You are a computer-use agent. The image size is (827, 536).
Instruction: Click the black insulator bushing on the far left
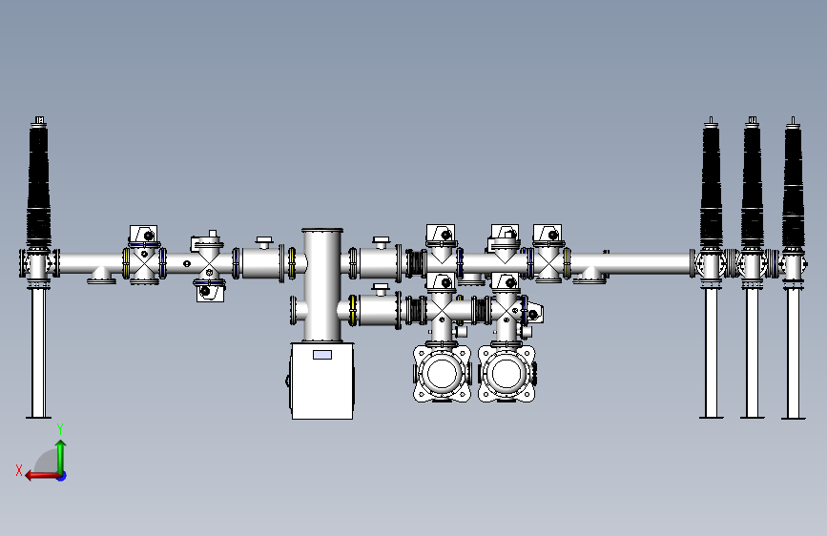point(39,186)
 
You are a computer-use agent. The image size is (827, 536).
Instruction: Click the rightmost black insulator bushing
point(793,186)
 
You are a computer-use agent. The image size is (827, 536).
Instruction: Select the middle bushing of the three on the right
point(753,186)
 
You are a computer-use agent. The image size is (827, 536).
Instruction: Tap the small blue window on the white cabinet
point(322,355)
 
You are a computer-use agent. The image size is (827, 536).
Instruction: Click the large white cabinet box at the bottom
point(322,381)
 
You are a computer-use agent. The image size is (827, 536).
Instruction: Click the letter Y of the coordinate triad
point(60,428)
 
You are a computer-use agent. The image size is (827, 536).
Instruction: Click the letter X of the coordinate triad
point(18,469)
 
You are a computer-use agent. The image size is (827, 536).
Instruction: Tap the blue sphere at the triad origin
point(61,475)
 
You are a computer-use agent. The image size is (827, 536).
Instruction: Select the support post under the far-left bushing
point(38,353)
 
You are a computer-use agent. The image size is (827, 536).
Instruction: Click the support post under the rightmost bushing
point(793,353)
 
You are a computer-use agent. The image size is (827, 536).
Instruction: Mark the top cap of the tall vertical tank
point(322,232)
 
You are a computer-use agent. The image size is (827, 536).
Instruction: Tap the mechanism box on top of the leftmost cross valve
point(143,235)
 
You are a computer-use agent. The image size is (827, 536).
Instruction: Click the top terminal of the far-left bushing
point(39,120)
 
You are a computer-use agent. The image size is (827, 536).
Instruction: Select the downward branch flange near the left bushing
point(101,278)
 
